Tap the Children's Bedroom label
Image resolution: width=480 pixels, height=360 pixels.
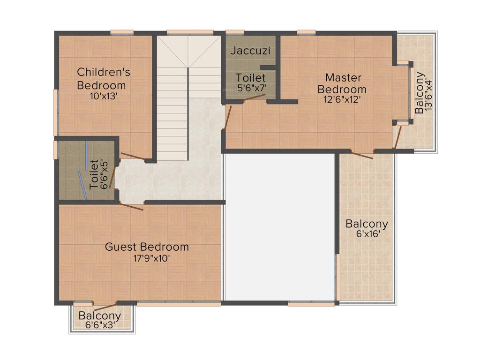[103, 78]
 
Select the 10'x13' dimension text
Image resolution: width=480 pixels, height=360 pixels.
[103, 96]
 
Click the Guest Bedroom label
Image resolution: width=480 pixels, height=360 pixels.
[147, 247]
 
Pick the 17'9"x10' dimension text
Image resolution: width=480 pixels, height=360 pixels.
[147, 258]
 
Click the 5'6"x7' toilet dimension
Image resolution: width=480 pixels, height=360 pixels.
[251, 88]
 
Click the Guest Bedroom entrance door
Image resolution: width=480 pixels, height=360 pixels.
[132, 207]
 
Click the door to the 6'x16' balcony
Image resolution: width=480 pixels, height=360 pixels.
[362, 155]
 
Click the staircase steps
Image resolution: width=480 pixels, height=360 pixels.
[172, 112]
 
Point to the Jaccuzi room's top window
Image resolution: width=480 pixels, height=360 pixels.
[235, 32]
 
